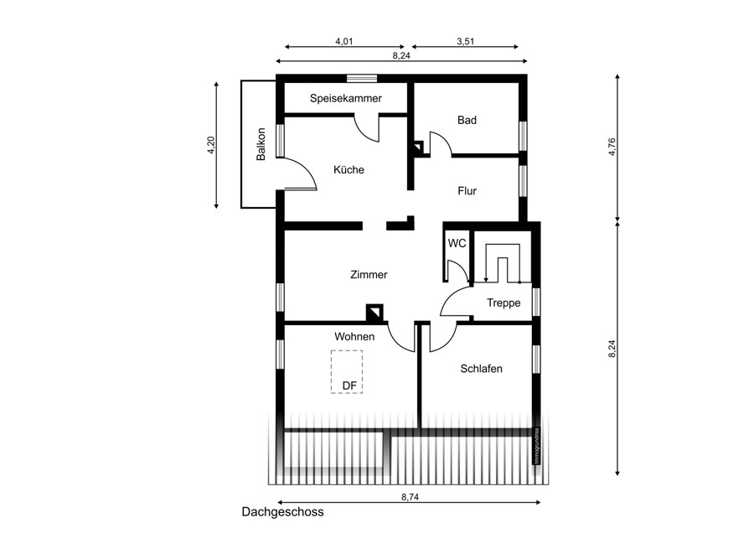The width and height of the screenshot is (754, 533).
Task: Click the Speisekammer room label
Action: pyautogui.click(x=346, y=99)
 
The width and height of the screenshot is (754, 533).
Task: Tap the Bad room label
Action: pyautogui.click(x=467, y=121)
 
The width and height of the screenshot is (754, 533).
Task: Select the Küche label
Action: pyautogui.click(x=349, y=170)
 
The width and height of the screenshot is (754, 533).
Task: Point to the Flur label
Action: pyautogui.click(x=467, y=191)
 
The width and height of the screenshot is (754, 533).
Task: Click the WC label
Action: pyautogui.click(x=457, y=243)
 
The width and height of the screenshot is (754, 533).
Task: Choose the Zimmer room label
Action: pyautogui.click(x=369, y=275)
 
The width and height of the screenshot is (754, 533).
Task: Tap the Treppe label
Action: pyautogui.click(x=504, y=303)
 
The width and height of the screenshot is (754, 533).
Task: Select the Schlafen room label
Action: pyautogui.click(x=482, y=369)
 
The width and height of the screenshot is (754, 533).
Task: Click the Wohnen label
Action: pyautogui.click(x=354, y=337)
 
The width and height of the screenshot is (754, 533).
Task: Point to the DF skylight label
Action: pyautogui.click(x=349, y=386)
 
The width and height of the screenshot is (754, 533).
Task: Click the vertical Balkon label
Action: pyautogui.click(x=261, y=144)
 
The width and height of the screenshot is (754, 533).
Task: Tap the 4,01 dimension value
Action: pyautogui.click(x=344, y=41)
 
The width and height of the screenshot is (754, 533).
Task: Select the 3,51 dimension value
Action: pyautogui.click(x=466, y=41)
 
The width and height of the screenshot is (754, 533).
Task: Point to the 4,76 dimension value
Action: pyautogui.click(x=612, y=147)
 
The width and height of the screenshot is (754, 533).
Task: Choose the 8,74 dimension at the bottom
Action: pyautogui.click(x=411, y=498)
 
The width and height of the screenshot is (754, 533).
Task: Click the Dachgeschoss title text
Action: pyautogui.click(x=283, y=512)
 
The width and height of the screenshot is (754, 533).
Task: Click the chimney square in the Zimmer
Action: pyautogui.click(x=374, y=313)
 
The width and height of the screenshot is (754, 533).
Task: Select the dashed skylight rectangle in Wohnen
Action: pyautogui.click(x=331, y=372)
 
